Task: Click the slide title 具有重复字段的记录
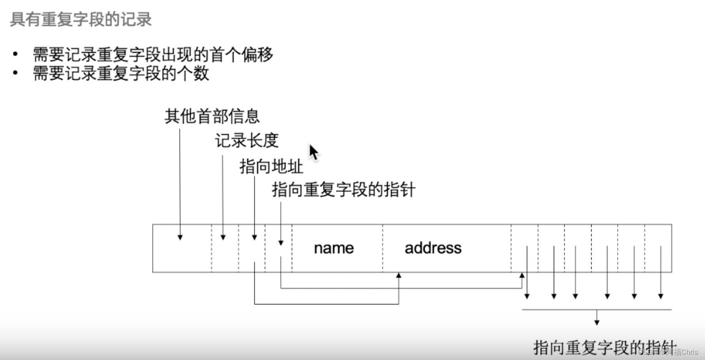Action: (81, 20)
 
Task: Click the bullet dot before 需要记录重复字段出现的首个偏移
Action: (16, 54)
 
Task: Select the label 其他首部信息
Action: (212, 116)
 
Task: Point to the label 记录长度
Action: (247, 141)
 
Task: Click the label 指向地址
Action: (271, 167)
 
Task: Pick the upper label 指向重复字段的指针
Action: (344, 190)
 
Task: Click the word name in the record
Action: (334, 248)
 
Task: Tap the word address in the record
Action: (433, 248)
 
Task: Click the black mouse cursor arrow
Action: (313, 152)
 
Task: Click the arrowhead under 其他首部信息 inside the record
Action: (180, 237)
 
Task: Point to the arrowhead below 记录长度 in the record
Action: (223, 237)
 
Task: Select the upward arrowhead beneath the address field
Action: (399, 275)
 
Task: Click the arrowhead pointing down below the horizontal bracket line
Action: (597, 322)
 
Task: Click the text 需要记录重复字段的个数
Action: (121, 73)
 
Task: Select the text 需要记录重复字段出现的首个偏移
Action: (153, 55)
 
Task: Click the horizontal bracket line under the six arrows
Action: (597, 309)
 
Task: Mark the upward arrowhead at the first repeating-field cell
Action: (522, 275)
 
